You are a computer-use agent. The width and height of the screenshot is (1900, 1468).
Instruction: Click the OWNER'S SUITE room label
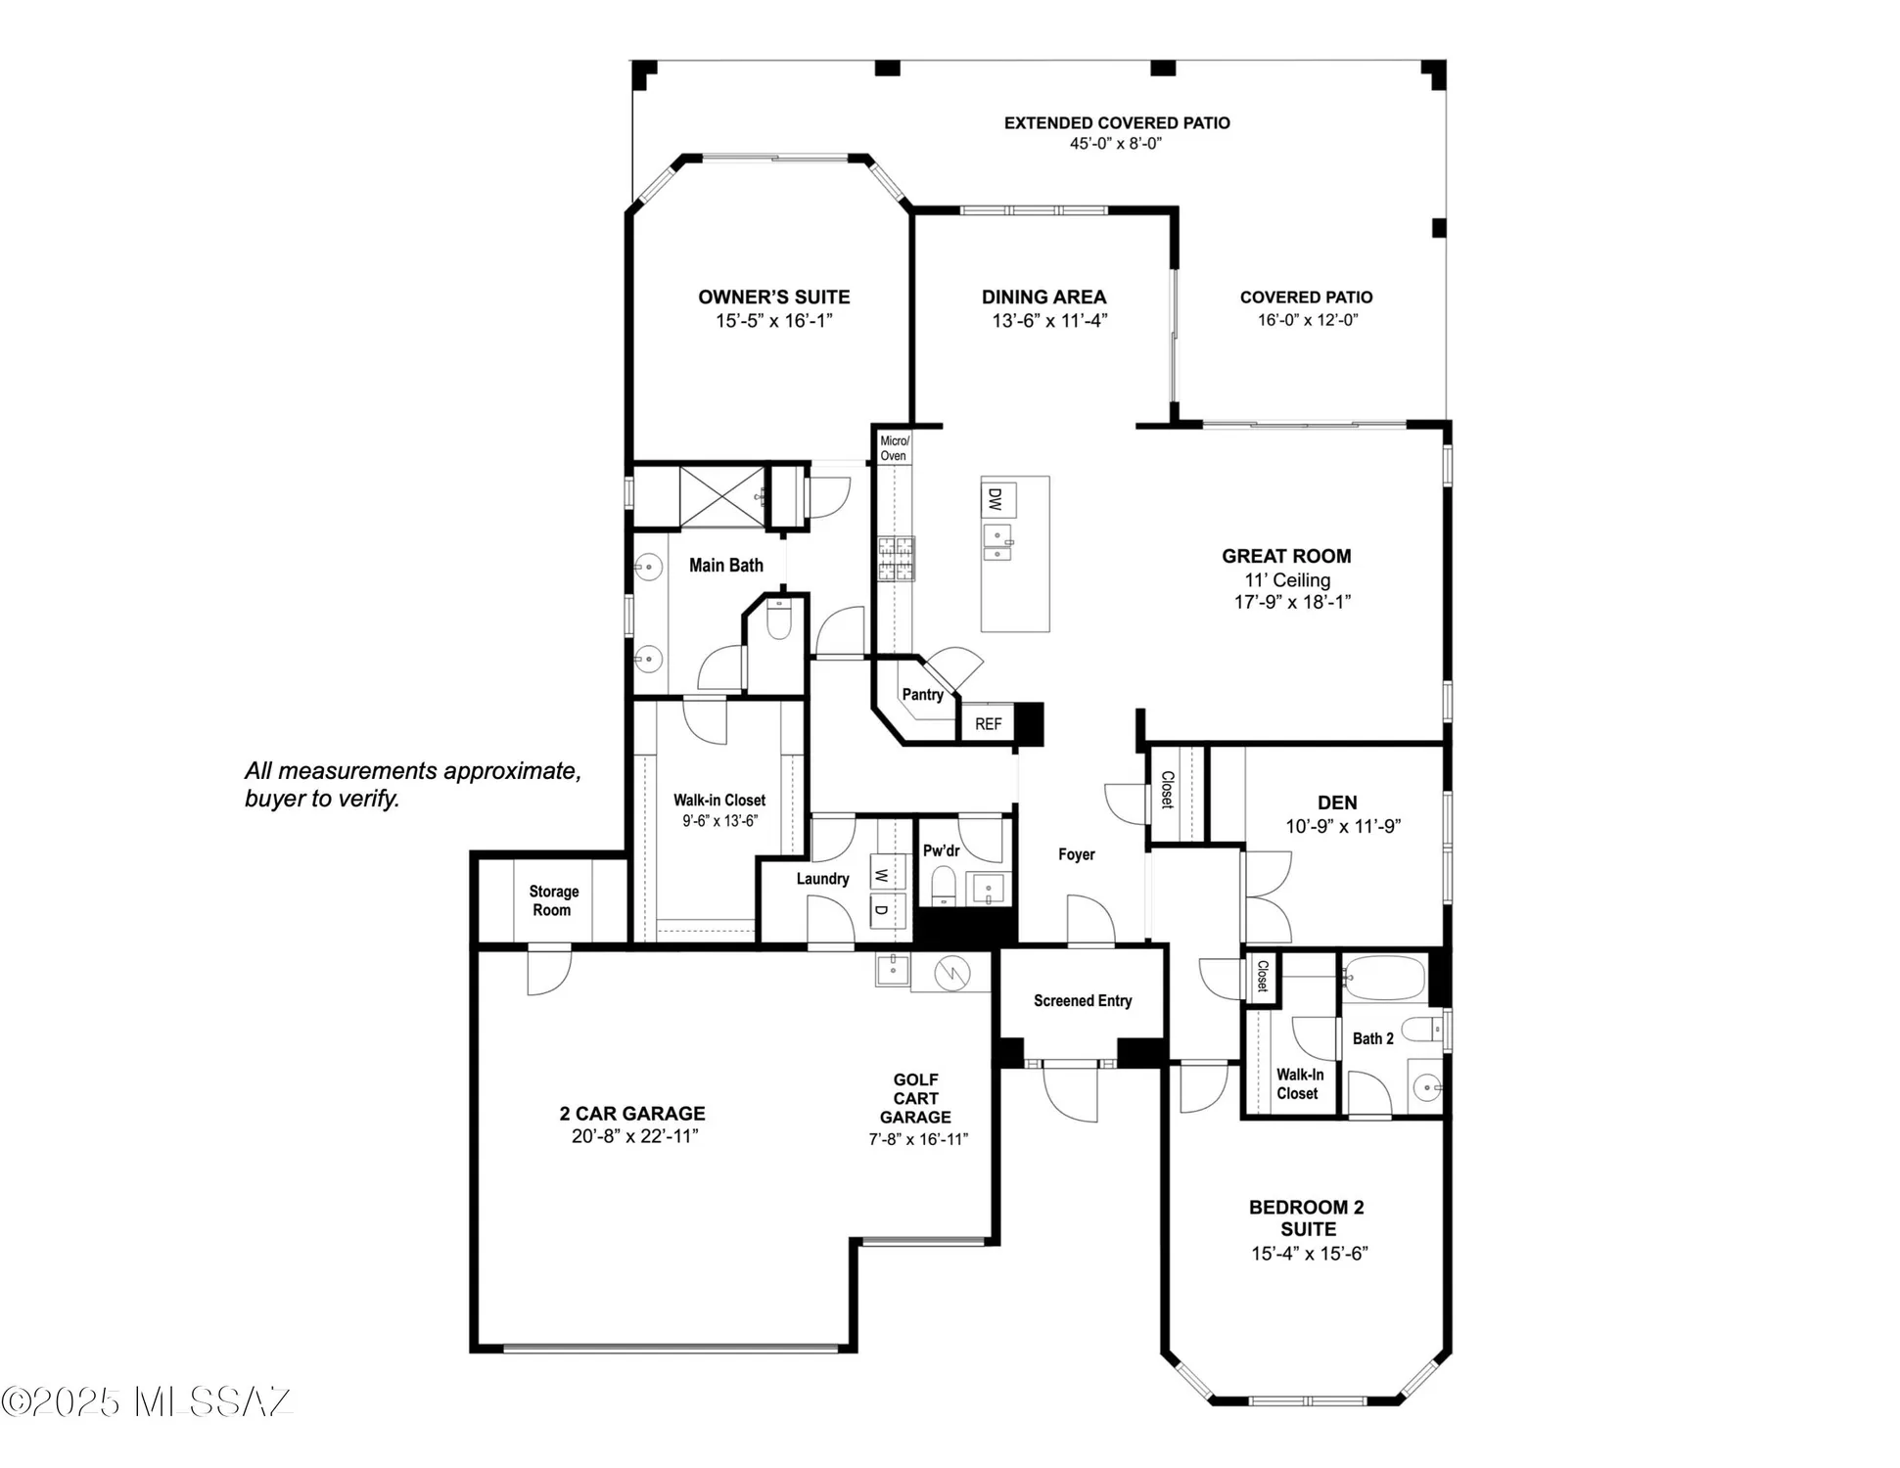coord(773,297)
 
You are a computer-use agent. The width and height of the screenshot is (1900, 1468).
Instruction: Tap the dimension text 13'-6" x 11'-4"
coord(1048,320)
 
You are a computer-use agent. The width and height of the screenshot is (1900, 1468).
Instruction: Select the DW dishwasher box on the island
coord(996,500)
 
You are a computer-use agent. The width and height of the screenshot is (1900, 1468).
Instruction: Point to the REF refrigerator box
coord(988,724)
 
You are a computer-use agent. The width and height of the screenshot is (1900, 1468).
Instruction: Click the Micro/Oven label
coord(893,448)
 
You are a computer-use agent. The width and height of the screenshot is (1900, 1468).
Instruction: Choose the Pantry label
coord(922,694)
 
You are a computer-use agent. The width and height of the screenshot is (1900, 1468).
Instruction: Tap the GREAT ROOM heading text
coord(1285,556)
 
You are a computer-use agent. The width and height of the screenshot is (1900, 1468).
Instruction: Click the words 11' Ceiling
coord(1287,579)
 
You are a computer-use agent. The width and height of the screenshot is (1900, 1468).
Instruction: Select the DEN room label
coord(1336,803)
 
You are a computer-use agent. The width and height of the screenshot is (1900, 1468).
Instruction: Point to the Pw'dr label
coord(941,850)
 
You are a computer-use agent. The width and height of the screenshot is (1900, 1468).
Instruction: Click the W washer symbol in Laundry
coord(881,874)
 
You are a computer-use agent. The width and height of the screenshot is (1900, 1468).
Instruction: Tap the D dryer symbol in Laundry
coord(881,910)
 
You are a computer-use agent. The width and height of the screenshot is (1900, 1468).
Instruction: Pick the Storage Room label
coord(553,900)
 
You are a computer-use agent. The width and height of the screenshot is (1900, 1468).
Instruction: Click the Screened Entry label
coord(1082,1000)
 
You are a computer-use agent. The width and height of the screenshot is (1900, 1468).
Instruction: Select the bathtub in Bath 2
coord(1382,977)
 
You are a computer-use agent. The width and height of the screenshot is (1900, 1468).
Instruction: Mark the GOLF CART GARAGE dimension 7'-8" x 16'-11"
coord(917,1138)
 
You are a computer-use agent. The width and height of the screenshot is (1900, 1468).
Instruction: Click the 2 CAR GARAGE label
coord(631,1113)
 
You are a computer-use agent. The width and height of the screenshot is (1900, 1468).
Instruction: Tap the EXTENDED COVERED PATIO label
coord(1116,122)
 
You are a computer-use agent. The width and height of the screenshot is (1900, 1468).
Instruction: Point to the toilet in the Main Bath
coord(779,620)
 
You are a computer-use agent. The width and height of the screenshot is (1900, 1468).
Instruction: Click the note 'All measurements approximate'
coord(412,771)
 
